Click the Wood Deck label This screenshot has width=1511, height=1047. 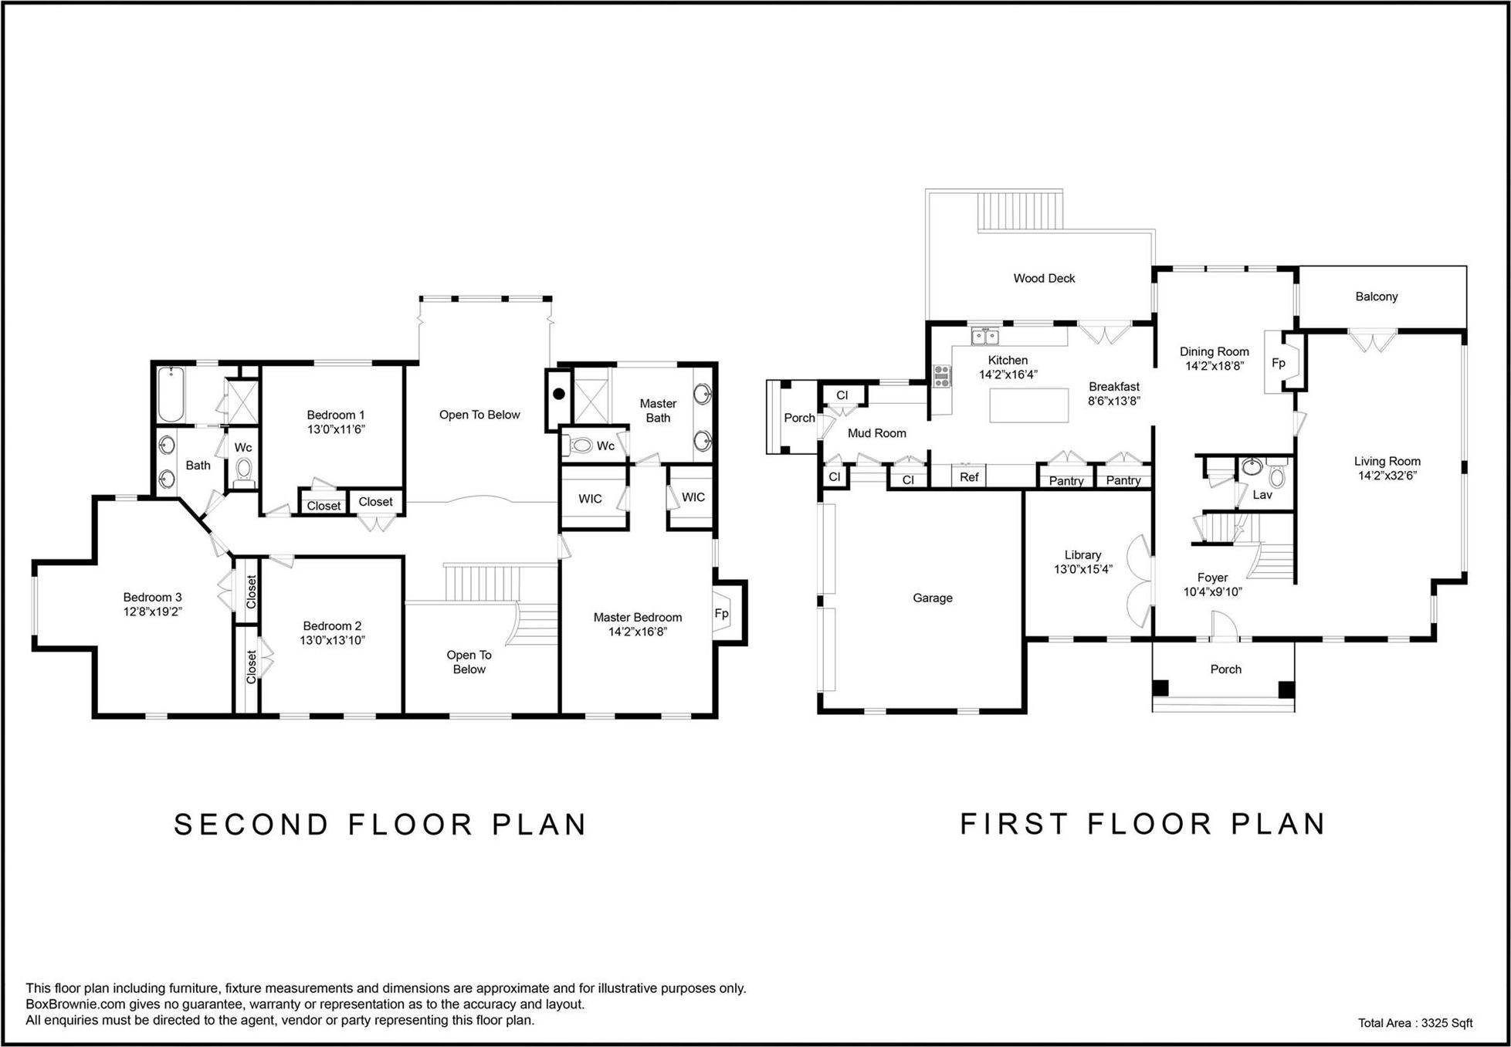(1043, 279)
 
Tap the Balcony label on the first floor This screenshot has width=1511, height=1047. (1376, 296)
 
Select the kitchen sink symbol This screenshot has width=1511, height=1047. (984, 337)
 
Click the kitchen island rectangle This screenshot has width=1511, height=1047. (1028, 405)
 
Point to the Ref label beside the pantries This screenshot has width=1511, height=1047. (968, 477)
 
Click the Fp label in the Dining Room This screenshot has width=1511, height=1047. (1278, 363)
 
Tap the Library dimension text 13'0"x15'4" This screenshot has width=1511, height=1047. (1082, 570)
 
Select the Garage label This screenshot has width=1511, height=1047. (932, 598)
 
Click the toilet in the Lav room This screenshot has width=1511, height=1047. (1276, 476)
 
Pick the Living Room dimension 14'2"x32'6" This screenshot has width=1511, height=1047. (1387, 476)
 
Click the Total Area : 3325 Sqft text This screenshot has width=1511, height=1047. (1414, 1023)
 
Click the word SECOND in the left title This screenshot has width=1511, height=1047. (252, 825)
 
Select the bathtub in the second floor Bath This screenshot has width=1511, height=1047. (171, 394)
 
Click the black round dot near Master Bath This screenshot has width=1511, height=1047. (559, 394)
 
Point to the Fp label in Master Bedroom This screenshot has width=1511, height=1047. (721, 615)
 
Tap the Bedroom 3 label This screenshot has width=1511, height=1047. (152, 597)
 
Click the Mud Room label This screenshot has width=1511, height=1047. (876, 433)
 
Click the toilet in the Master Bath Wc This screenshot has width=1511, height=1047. (581, 446)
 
